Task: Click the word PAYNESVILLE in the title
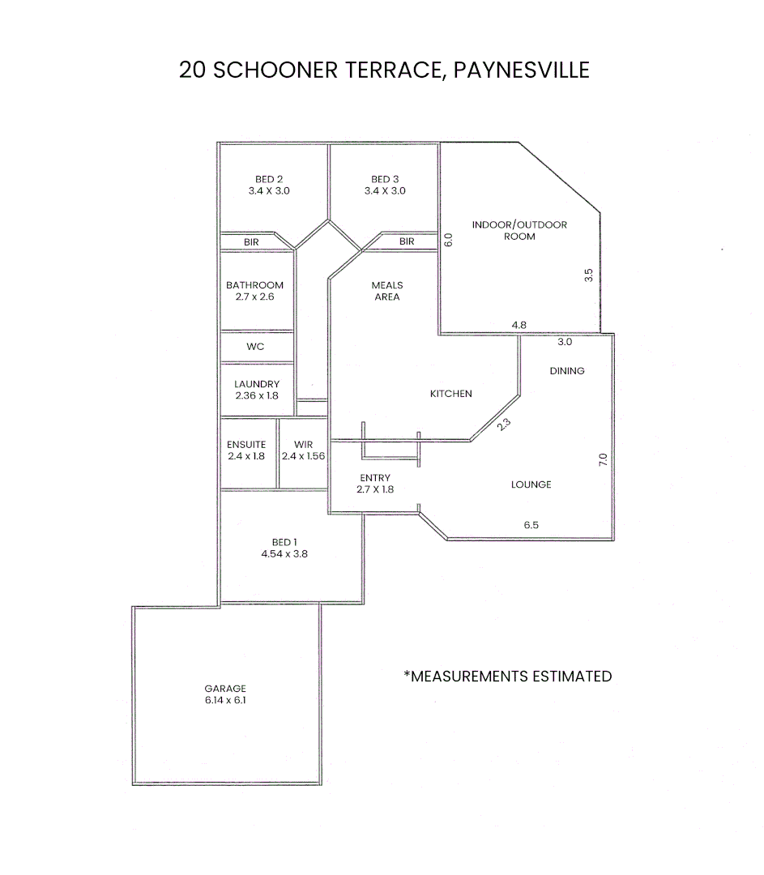[521, 70]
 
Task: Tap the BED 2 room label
[269, 179]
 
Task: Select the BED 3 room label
[385, 179]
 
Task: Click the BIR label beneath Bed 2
[251, 241]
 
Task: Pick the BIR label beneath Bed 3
[407, 241]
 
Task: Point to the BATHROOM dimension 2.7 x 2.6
[254, 297]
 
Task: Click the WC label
[255, 347]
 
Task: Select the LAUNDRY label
[257, 384]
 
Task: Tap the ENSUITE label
[246, 445]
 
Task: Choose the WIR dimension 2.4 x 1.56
[303, 457]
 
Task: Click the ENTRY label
[375, 478]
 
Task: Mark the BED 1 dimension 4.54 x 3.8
[284, 555]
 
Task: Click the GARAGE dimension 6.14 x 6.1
[225, 700]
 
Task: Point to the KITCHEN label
[450, 394]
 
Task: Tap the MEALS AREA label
[387, 291]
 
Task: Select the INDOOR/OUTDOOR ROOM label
[519, 230]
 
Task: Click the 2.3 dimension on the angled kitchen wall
[504, 422]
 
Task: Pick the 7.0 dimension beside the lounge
[602, 459]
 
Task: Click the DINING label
[567, 371]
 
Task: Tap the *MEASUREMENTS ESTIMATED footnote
[507, 676]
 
